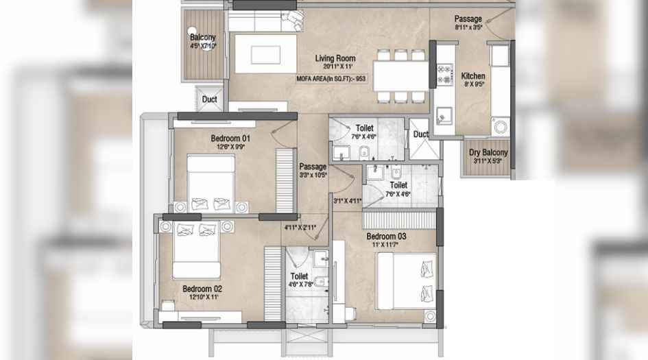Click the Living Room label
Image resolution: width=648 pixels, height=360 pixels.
point(333,58)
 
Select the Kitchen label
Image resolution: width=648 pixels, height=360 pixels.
point(473,76)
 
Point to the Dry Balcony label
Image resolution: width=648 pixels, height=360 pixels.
point(488,153)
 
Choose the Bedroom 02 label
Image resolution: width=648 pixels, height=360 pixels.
point(202,289)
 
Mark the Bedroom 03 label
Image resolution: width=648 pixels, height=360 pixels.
point(386,237)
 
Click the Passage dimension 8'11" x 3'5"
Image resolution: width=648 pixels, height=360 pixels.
point(468,28)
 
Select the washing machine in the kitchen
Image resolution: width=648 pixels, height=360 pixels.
point(499,128)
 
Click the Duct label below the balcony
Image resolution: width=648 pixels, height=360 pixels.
point(209,99)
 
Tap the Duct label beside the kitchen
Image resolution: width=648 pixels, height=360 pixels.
point(421,134)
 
